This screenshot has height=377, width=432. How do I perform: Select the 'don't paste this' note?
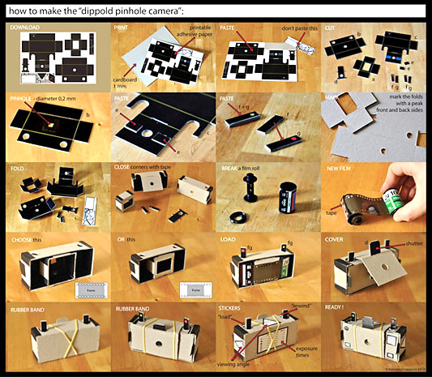pos(293,28)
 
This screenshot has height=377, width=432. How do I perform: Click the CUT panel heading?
pos(332,28)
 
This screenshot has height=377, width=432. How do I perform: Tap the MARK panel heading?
pos(333,98)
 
